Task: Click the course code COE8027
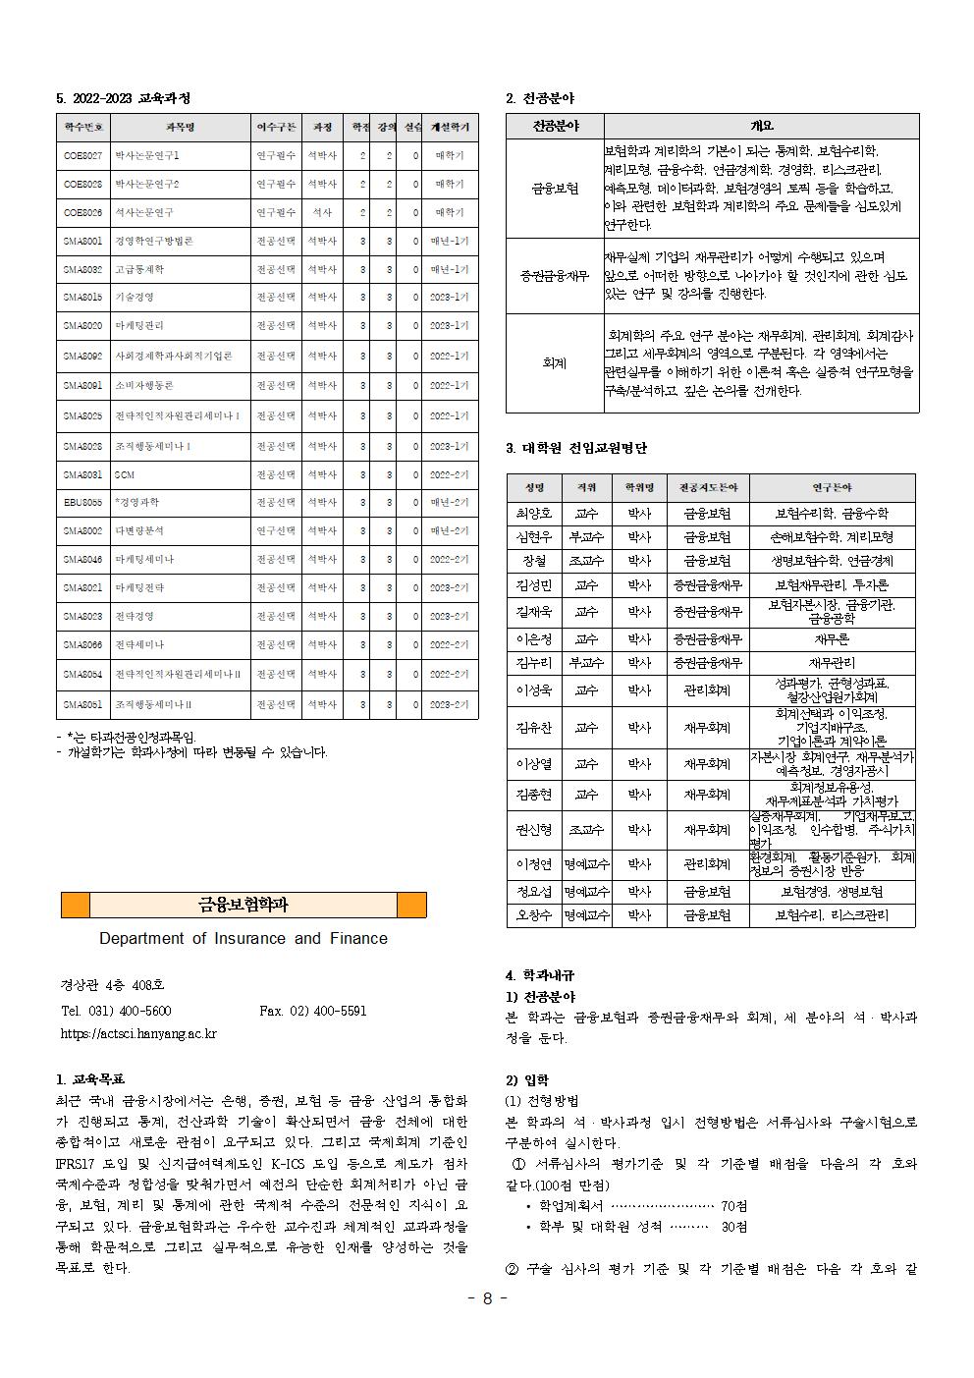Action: point(82,155)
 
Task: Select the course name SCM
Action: point(124,474)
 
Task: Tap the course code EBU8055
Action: point(82,502)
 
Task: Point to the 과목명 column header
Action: point(180,127)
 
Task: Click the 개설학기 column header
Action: point(451,127)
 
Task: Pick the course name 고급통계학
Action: point(139,268)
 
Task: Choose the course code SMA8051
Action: point(82,704)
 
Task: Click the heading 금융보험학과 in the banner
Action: point(243,905)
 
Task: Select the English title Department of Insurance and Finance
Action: point(243,938)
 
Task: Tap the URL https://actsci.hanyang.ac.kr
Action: point(138,1033)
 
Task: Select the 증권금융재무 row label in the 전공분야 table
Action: point(555,275)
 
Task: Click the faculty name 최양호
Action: point(534,513)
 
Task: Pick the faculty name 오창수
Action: point(534,915)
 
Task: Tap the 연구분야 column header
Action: point(832,487)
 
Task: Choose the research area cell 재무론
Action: point(832,638)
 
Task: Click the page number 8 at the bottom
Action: point(487,1297)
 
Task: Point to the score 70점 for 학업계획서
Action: point(733,1205)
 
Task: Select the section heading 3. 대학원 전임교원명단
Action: point(576,448)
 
